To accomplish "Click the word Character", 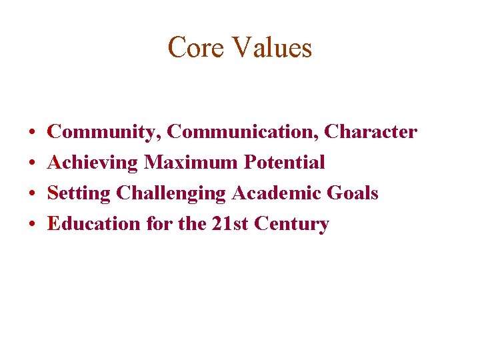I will pyautogui.click(x=371, y=132).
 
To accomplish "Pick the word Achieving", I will pyautogui.click(x=93, y=163).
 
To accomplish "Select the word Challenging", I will pyautogui.click(x=171, y=193).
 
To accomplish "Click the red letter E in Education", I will pyautogui.click(x=54, y=223).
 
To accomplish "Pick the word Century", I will pyautogui.click(x=291, y=224).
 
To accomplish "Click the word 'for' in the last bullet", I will pyautogui.click(x=159, y=223).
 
